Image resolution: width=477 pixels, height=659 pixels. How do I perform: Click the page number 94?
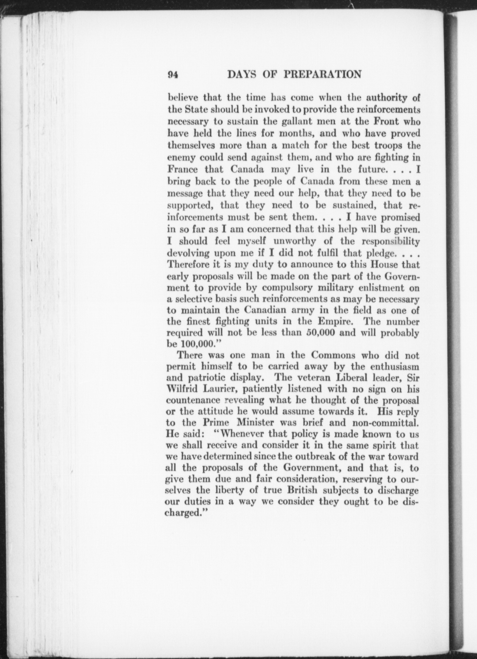point(172,75)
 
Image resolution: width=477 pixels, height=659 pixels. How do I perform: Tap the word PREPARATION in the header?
point(322,75)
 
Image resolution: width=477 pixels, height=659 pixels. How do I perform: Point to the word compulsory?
point(284,288)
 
